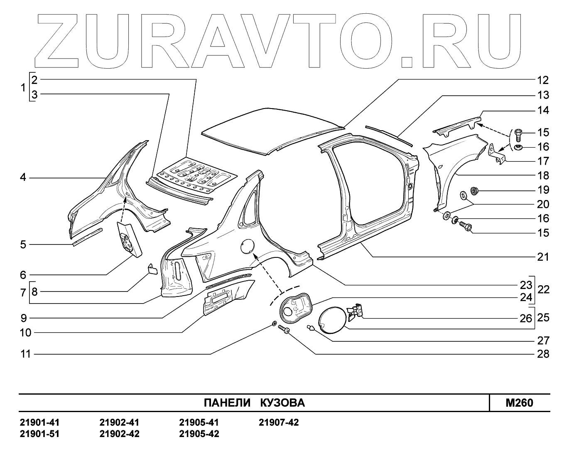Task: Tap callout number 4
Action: [23, 178]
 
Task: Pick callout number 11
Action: [26, 354]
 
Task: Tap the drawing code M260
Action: [520, 403]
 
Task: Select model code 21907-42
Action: [279, 423]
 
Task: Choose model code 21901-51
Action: [40, 434]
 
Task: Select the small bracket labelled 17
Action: [497, 154]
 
